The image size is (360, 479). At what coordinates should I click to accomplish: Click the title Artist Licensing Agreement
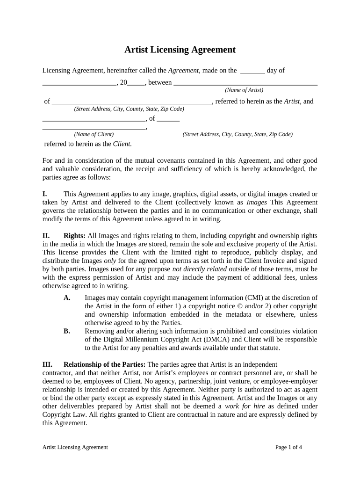[x=180, y=50]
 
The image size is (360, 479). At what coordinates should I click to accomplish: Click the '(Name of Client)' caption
[x=94, y=134]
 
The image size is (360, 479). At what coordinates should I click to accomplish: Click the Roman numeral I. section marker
[x=45, y=194]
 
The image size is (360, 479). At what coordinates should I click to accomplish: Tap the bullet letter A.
[x=67, y=298]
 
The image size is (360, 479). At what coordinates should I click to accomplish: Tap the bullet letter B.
[x=67, y=331]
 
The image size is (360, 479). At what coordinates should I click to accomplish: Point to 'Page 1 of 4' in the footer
[x=288, y=447]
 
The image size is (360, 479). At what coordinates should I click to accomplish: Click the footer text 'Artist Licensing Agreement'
[x=75, y=447]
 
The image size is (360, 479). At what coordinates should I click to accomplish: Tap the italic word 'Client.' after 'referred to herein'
[x=122, y=144]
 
